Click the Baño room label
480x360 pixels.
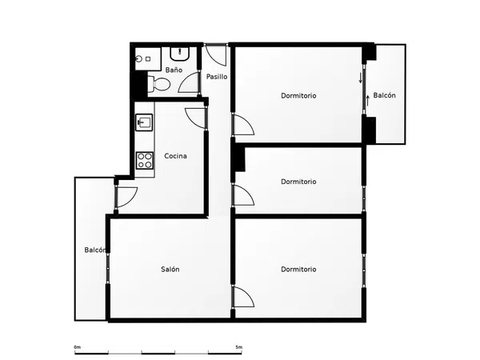174,70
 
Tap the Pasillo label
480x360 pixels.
217,77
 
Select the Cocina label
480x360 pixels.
175,156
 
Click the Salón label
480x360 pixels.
170,269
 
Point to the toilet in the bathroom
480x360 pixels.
158,84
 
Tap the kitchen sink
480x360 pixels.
144,122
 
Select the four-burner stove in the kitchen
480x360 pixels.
145,161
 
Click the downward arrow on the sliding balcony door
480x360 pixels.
361,78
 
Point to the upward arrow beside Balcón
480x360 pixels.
368,101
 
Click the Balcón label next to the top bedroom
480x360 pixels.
384,95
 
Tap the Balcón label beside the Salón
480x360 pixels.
95,250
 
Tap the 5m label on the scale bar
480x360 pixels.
238,347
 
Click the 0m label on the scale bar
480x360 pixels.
78,347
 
